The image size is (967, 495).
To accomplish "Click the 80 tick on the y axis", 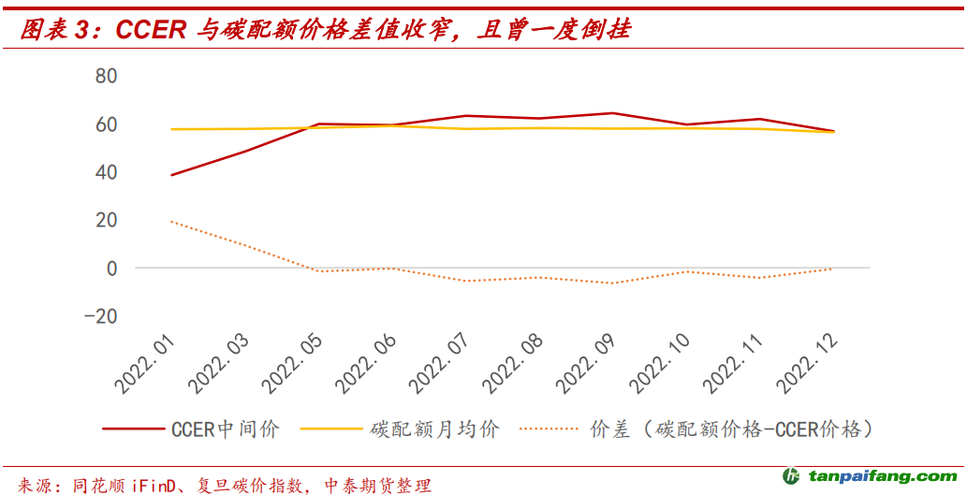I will [x=106, y=76].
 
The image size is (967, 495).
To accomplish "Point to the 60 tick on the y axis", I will [x=106, y=124].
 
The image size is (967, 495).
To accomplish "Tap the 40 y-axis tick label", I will [x=106, y=172].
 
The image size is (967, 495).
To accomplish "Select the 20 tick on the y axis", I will [x=106, y=220].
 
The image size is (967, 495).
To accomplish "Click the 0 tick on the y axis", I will [x=111, y=268].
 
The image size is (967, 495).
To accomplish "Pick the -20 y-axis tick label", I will [x=100, y=316].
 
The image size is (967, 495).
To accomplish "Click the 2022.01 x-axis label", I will [x=148, y=360].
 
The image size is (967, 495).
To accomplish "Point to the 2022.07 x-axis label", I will [x=442, y=360].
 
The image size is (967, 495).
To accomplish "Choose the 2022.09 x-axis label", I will [x=589, y=360].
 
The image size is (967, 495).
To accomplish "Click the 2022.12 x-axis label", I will [x=809, y=360].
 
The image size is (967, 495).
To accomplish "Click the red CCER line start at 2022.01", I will [x=172, y=175].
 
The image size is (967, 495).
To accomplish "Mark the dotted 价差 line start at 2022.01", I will [x=172, y=222].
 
